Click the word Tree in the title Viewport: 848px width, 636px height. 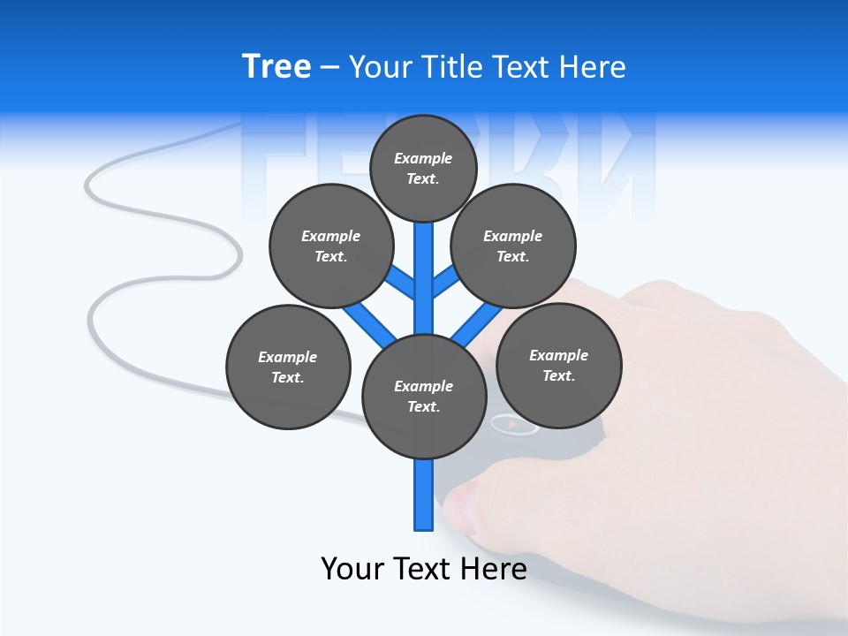coord(276,66)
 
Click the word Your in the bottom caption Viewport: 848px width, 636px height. coord(352,568)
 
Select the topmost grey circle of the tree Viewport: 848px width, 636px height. coord(423,168)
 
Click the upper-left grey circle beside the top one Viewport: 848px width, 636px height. coord(330,246)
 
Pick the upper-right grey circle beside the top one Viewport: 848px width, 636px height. coord(513,246)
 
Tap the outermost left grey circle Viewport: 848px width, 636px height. coord(288,367)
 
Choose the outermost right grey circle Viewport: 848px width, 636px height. coord(558,365)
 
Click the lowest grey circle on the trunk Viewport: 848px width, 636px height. coord(424,396)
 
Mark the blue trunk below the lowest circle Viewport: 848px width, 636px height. coord(424,495)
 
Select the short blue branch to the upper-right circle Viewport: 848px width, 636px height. coord(444,282)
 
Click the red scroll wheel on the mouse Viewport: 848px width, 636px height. coord(513,425)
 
